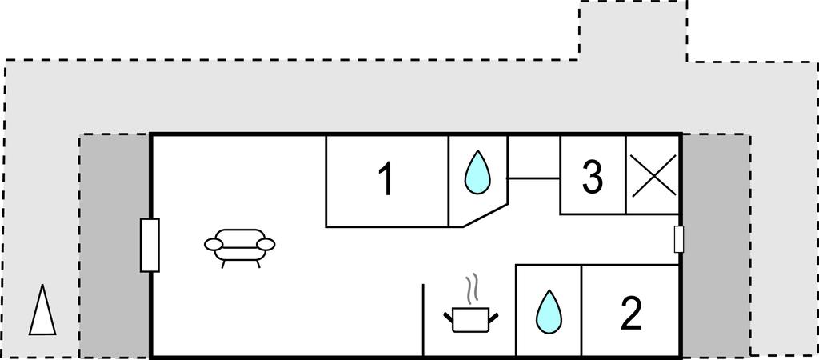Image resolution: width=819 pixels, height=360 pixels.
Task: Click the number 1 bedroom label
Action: coord(386,179)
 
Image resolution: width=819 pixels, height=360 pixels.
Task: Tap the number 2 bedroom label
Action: coord(631,314)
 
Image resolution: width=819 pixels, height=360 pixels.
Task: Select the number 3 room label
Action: coord(592,178)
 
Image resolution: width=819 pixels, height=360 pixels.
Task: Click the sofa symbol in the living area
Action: coord(239,245)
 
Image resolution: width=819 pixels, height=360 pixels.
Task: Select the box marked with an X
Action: coord(653,175)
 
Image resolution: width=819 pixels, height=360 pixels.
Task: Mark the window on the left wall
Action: coord(150,245)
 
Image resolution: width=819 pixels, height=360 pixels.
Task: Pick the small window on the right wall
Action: coord(679,239)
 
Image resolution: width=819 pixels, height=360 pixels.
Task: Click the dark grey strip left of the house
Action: coord(114,245)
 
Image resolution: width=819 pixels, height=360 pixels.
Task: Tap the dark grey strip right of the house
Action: coord(716,245)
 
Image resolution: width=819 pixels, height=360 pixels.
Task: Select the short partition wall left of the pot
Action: coord(423,318)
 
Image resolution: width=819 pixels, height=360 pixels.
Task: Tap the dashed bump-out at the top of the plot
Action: coord(633,30)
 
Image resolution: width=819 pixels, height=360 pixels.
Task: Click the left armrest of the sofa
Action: coord(214,243)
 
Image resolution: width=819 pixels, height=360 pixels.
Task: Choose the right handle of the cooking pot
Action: coord(493,317)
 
